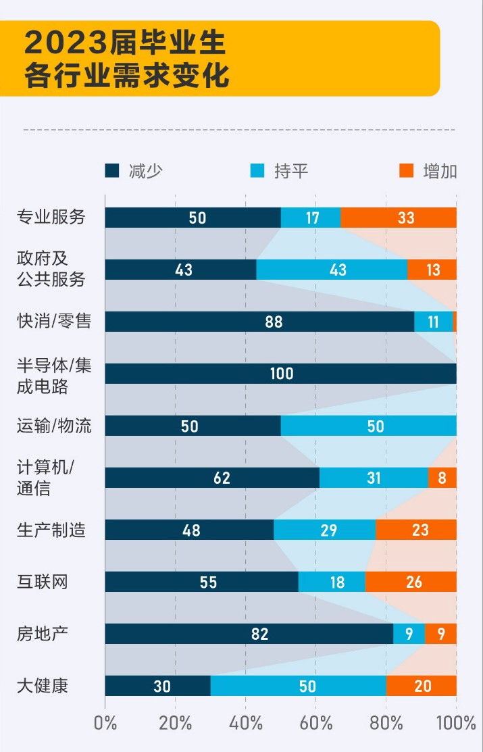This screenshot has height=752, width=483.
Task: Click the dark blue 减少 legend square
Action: (x=112, y=170)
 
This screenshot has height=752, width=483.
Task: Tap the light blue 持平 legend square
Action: (x=257, y=170)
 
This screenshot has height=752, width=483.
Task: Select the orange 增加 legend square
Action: (x=406, y=170)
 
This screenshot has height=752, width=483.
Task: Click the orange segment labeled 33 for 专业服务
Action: (x=399, y=218)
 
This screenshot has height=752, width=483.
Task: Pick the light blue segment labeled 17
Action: (x=311, y=218)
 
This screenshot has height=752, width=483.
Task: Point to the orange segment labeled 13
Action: (x=432, y=270)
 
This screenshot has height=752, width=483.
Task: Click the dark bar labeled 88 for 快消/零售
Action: (x=259, y=322)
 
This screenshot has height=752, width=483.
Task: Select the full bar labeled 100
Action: (x=280, y=374)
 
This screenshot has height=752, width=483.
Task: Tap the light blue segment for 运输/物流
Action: (x=368, y=426)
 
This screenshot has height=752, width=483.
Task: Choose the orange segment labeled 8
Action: (x=442, y=478)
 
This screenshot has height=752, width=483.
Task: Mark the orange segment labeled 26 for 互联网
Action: (x=411, y=582)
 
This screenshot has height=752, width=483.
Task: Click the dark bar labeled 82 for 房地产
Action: (x=249, y=634)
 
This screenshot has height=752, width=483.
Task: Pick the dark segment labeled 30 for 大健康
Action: (x=157, y=686)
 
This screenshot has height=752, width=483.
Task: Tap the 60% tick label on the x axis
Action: (x=315, y=723)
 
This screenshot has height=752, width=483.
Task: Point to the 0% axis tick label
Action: (x=105, y=723)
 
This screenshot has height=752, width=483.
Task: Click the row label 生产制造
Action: (x=51, y=530)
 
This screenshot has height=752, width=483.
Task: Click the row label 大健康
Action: (x=43, y=686)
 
